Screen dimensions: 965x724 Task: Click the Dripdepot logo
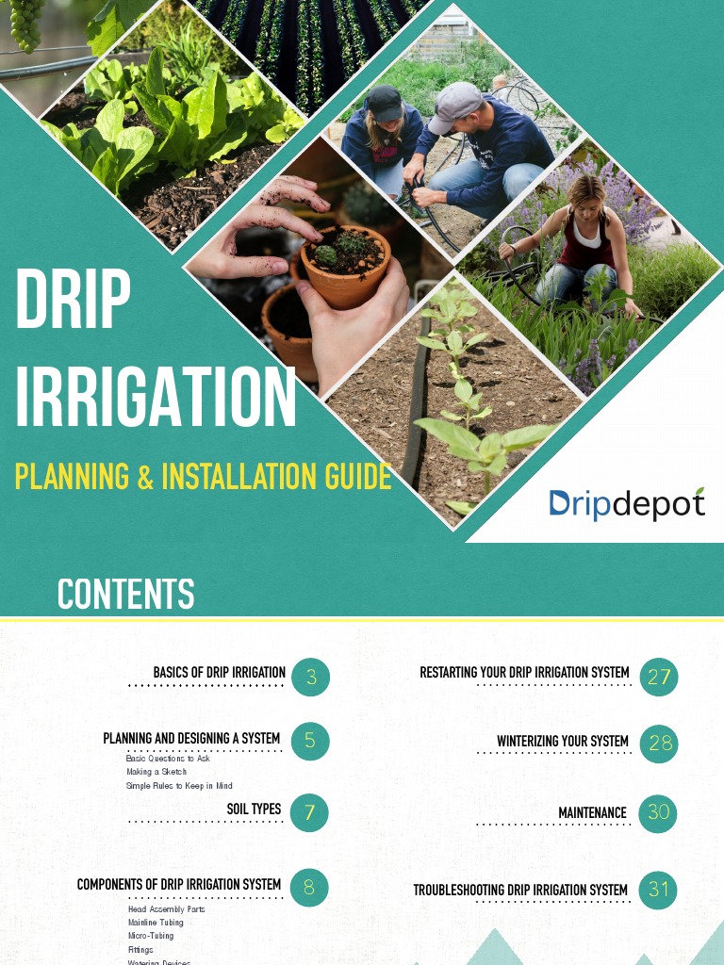point(627,504)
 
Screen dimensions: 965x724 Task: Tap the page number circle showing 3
point(310,677)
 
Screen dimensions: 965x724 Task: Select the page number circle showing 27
point(658,677)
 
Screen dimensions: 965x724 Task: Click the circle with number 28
point(658,744)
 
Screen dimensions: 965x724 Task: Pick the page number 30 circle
point(658,812)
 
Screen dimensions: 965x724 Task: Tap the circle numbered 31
point(658,889)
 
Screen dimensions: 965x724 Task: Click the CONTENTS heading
point(125,595)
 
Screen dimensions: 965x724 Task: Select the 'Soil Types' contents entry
point(254,810)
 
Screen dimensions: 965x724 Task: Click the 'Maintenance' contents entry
point(592,812)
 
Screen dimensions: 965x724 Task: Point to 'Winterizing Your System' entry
point(563,742)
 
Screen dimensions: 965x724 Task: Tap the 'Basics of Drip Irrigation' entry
point(219,673)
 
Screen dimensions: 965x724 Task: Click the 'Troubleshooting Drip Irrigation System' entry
point(519,891)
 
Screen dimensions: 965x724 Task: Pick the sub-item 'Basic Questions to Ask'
point(168,759)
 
